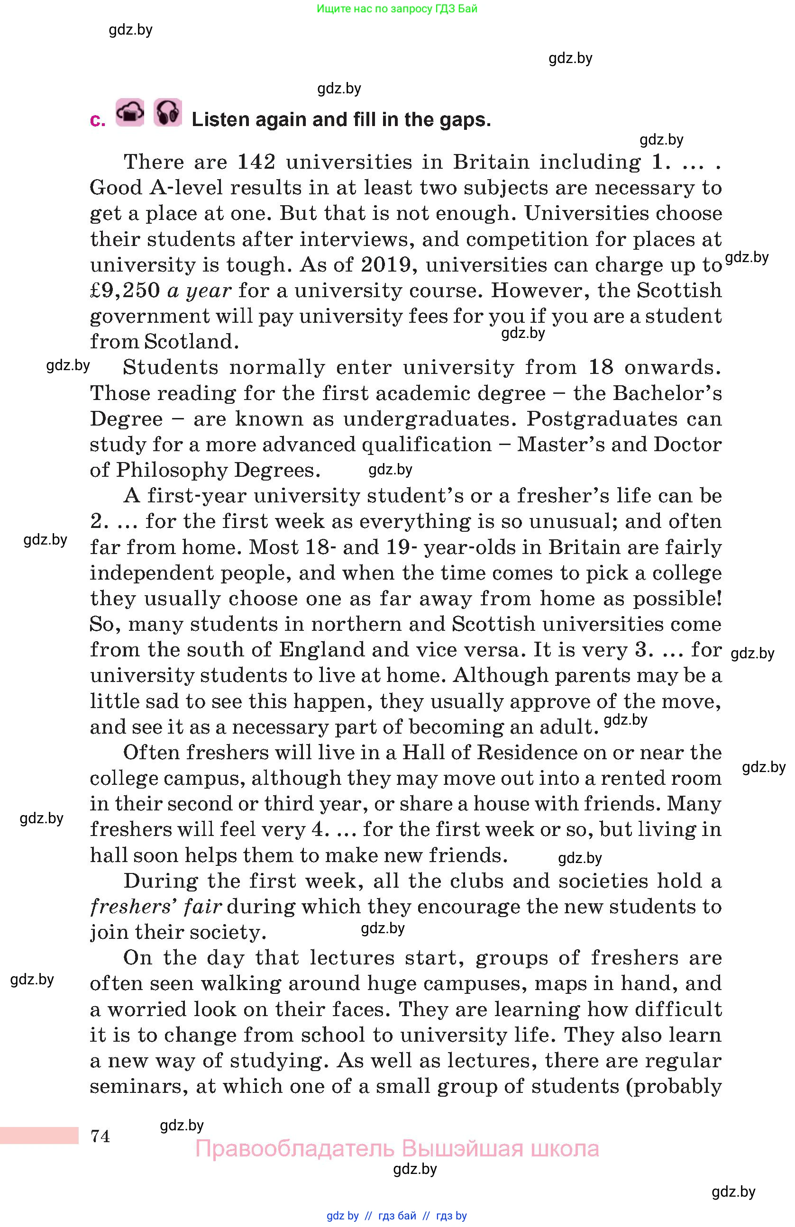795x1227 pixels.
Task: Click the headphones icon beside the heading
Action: click(167, 112)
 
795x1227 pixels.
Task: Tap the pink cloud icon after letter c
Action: click(130, 112)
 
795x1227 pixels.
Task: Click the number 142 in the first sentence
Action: click(256, 163)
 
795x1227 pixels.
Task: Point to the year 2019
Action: click(385, 265)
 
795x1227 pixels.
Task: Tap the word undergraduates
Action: click(429, 418)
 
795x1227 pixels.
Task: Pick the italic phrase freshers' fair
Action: click(155, 906)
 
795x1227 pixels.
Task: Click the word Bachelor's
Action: click(667, 393)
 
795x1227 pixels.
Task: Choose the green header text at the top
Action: click(397, 9)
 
